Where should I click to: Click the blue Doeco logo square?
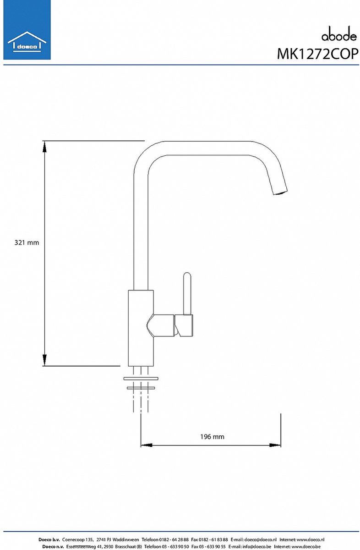point(27,30)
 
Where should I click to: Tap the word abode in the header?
point(339,35)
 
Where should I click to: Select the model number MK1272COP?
point(317,54)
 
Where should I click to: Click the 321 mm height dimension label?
point(27,243)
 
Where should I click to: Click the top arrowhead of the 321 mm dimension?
point(44,147)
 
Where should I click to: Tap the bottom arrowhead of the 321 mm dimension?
point(44,360)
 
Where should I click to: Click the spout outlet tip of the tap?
point(280,192)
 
